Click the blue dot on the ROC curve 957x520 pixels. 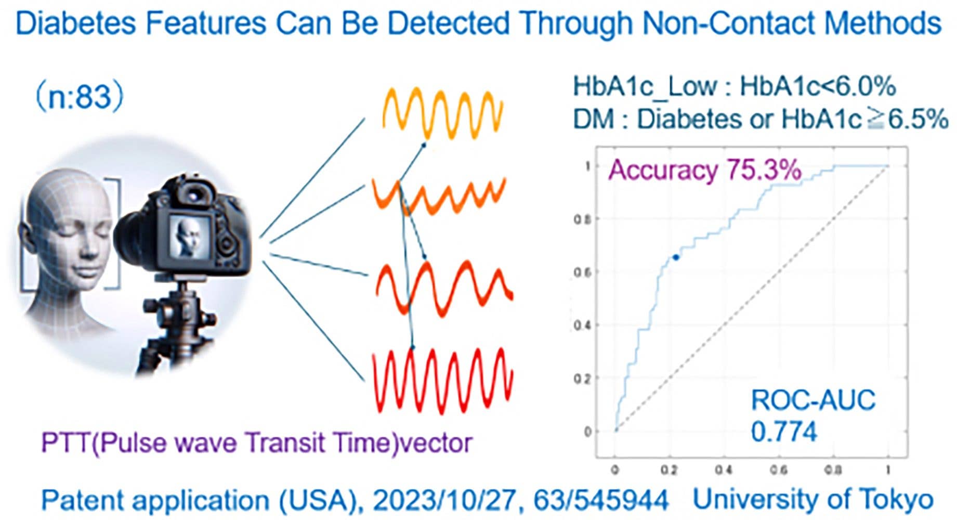pyautogui.click(x=675, y=257)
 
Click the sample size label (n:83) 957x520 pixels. pyautogui.click(x=80, y=97)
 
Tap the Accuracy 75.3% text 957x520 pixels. pyautogui.click(x=704, y=170)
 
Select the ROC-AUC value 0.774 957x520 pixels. pyautogui.click(x=784, y=432)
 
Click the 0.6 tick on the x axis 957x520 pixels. pyautogui.click(x=778, y=470)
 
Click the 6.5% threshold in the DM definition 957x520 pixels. pyautogui.click(x=918, y=120)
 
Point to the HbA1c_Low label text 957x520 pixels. pyautogui.click(x=645, y=86)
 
